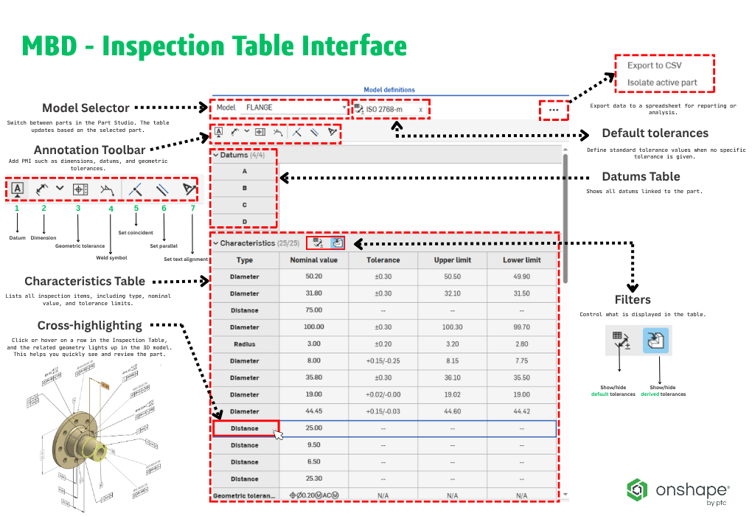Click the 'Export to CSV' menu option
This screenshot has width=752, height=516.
654,65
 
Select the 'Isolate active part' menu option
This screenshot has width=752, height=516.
661,83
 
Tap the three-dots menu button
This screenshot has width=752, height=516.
554,110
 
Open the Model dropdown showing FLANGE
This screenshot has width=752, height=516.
279,108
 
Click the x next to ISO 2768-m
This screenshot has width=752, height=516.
421,110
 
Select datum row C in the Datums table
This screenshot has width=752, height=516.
244,205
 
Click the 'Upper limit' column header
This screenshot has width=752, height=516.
453,260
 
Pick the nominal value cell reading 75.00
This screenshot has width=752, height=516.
313,310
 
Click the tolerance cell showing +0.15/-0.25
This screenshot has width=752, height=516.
383,361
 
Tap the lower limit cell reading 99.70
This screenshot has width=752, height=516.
522,327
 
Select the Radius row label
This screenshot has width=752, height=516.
245,344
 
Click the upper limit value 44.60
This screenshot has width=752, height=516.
453,411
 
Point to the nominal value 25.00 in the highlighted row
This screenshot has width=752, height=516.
313,428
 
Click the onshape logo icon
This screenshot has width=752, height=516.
638,489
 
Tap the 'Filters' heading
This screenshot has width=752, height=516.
633,300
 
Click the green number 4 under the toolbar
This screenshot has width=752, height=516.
111,209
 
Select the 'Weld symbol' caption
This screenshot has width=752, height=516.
111,258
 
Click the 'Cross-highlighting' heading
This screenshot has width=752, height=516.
90,325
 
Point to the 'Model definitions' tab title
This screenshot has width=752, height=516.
389,90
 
